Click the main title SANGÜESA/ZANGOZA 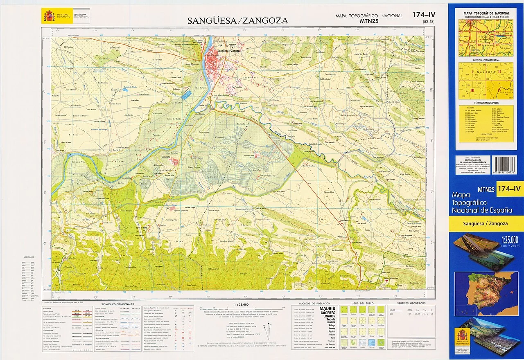click(x=237, y=20)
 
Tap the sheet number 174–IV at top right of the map click(x=424, y=15)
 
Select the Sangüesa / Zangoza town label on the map click(x=229, y=51)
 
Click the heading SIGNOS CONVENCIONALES click(x=117, y=304)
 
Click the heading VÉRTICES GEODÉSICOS click(x=411, y=304)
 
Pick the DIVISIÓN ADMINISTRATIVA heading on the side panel click(x=486, y=60)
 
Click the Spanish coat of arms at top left click(x=49, y=16)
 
